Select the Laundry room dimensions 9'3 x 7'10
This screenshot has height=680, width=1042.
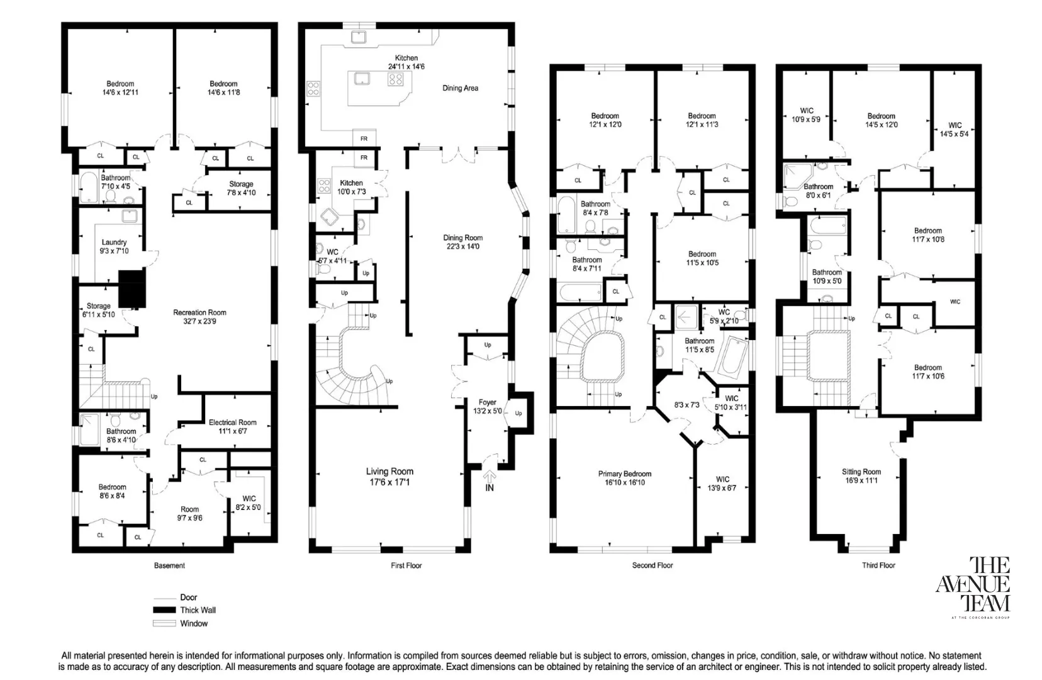pyautogui.click(x=114, y=251)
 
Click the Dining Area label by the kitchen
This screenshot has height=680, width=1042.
pyautogui.click(x=460, y=88)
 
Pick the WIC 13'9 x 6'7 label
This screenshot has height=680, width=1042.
pyautogui.click(x=722, y=484)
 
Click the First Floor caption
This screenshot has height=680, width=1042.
pyautogui.click(x=406, y=565)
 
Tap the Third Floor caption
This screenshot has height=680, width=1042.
pyautogui.click(x=878, y=565)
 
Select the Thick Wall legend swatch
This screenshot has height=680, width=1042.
pyautogui.click(x=163, y=610)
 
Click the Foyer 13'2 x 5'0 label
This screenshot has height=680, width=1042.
pyautogui.click(x=487, y=406)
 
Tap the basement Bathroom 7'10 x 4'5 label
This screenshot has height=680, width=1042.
pyautogui.click(x=116, y=182)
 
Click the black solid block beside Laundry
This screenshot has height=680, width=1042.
pyautogui.click(x=132, y=289)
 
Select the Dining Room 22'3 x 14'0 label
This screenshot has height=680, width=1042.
pyautogui.click(x=462, y=242)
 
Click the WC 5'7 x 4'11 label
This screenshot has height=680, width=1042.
pyautogui.click(x=332, y=256)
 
